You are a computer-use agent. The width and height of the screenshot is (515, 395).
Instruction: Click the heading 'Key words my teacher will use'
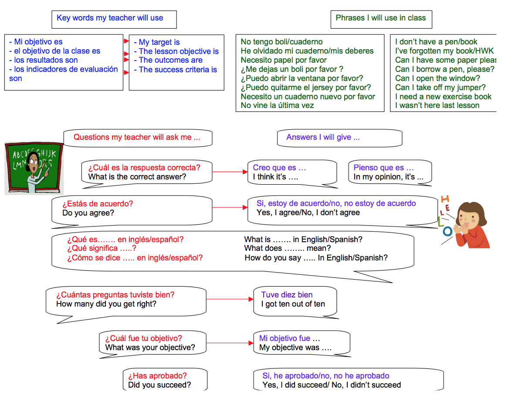pyautogui.click(x=110, y=18)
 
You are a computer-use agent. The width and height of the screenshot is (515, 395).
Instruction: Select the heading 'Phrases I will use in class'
pyautogui.click(x=380, y=18)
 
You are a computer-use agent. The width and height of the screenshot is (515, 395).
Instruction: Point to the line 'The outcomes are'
pyautogui.click(x=170, y=60)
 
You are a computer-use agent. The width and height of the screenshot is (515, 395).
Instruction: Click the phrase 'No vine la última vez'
pyautogui.click(x=277, y=105)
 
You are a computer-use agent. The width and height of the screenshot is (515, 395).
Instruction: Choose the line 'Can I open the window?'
pyautogui.click(x=437, y=78)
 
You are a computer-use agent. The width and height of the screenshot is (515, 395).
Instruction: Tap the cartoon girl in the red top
pyautogui.click(x=471, y=224)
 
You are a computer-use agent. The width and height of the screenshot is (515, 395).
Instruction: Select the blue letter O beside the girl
pyautogui.click(x=447, y=231)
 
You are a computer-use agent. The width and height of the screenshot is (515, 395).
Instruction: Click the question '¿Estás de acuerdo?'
pyautogui.click(x=98, y=203)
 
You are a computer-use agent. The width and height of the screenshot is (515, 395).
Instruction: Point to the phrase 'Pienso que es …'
pyautogui.click(x=383, y=168)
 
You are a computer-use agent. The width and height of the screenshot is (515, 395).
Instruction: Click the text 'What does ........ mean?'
pyautogui.click(x=288, y=248)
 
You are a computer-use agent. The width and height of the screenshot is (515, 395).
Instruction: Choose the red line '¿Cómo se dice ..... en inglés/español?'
pyautogui.click(x=135, y=257)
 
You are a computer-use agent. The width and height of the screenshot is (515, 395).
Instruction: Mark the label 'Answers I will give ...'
pyautogui.click(x=323, y=137)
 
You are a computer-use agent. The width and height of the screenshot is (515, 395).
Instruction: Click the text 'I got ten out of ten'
pyautogui.click(x=293, y=304)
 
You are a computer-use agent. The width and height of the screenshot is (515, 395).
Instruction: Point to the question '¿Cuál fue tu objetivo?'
pyautogui.click(x=143, y=338)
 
